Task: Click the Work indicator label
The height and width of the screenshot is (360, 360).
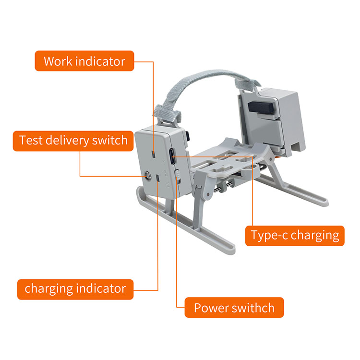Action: [x=84, y=61]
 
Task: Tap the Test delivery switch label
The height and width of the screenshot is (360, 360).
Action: [x=73, y=141]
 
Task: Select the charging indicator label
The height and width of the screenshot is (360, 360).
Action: [x=75, y=289]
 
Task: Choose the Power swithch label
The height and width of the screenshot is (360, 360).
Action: [x=234, y=307]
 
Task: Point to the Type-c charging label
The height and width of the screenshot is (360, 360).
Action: [x=295, y=236]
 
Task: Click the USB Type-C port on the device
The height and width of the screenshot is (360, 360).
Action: [x=172, y=156]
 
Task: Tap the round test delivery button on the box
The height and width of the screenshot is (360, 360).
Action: [x=148, y=176]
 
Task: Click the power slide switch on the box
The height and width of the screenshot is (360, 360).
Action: [x=177, y=176]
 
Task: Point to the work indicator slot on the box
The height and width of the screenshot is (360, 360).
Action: [x=154, y=154]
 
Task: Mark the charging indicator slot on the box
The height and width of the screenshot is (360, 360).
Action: [x=158, y=179]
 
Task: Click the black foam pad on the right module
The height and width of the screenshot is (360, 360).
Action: [x=261, y=108]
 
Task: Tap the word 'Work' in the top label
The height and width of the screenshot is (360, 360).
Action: [x=58, y=61]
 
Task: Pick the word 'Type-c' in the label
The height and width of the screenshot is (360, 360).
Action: [x=269, y=236]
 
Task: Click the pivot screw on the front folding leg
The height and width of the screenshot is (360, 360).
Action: [x=208, y=194]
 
